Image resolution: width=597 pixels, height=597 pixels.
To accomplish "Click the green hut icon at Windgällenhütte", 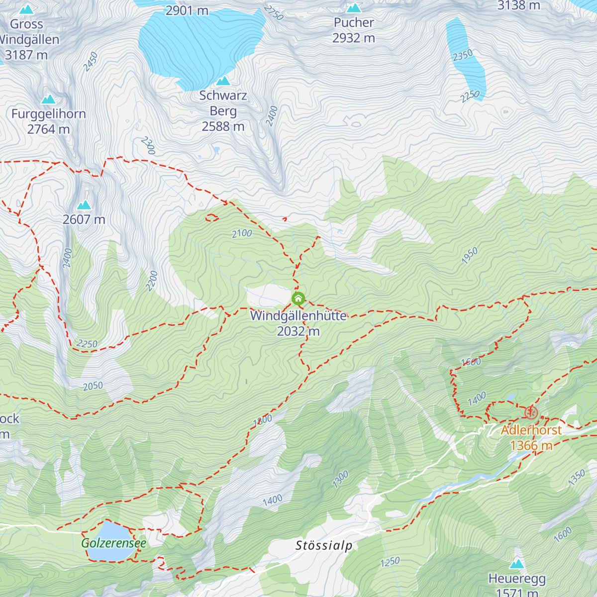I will [298, 298].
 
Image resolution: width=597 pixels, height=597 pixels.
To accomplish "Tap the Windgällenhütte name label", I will [298, 316].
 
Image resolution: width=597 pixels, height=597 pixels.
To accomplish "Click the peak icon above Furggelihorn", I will [48, 99].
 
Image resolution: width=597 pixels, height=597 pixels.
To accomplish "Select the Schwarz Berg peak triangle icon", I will [223, 81].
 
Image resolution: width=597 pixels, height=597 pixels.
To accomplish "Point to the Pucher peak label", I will [354, 23].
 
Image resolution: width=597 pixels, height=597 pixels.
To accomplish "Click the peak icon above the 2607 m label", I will [84, 205].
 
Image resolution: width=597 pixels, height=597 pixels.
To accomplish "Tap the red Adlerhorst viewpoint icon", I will [531, 412].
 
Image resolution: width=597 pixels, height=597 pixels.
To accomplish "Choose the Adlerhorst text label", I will [531, 430].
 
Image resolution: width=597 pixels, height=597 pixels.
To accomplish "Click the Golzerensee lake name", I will [114, 543].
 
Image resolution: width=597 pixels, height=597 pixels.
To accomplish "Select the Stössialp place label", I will [324, 545].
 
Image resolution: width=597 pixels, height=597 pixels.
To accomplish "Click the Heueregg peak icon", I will [517, 564].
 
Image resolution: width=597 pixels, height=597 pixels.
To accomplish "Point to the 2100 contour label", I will [242, 233].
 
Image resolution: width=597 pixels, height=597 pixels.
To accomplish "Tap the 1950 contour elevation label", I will [469, 255].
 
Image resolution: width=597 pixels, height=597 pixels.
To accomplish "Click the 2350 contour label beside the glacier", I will [463, 55].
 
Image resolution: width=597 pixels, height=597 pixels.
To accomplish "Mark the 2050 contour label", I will [93, 386].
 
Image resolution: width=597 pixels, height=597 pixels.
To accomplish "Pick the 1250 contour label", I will [390, 562].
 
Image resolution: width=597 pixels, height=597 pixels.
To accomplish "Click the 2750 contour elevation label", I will [274, 13].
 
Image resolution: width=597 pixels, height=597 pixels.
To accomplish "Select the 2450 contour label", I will [91, 62].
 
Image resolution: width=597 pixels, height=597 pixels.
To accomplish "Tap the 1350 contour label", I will [577, 478].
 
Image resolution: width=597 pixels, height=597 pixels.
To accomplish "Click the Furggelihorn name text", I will [49, 114].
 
